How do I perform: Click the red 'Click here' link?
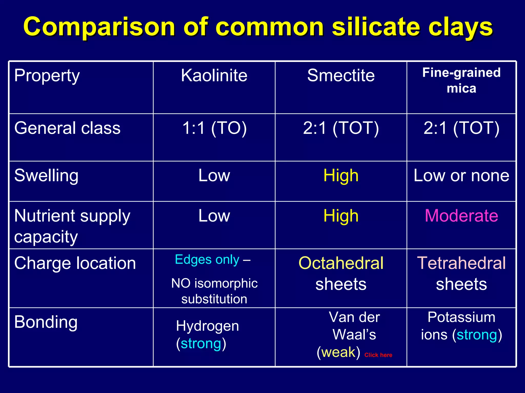click(378, 355)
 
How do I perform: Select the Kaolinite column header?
click(214, 75)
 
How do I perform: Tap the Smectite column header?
click(341, 75)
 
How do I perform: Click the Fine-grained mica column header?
click(461, 80)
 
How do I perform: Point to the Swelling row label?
click(46, 176)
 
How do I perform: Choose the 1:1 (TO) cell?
click(214, 128)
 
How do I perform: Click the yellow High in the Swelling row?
click(341, 176)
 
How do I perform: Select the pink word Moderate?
click(461, 216)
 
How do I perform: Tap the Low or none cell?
click(461, 176)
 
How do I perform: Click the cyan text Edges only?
click(207, 260)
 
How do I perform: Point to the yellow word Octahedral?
click(341, 263)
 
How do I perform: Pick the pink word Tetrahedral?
click(461, 263)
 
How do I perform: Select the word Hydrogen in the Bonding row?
click(207, 326)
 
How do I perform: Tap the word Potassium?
click(461, 317)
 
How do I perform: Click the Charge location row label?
click(75, 263)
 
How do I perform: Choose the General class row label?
click(67, 128)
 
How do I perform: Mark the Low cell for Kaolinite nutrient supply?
click(214, 216)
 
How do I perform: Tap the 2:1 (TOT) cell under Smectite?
click(341, 128)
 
